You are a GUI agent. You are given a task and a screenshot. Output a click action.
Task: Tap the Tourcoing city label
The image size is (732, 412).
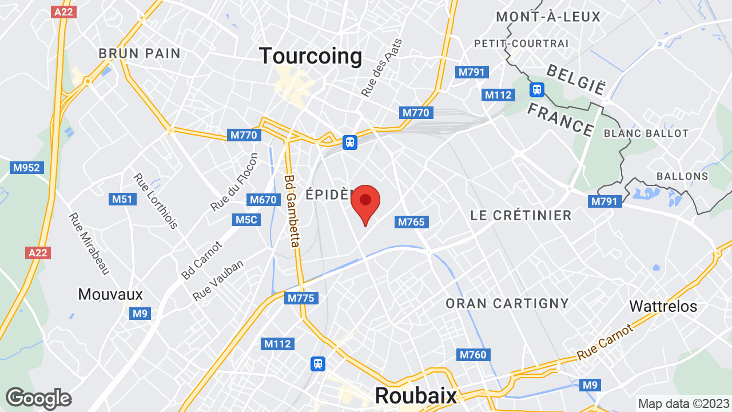311,56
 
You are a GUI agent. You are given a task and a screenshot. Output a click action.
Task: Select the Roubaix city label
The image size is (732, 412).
416,395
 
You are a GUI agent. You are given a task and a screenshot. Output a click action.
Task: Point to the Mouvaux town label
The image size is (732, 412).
110,294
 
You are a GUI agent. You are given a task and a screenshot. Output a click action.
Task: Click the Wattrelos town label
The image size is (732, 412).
663,306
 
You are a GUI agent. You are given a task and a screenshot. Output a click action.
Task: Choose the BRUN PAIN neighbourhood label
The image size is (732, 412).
140,54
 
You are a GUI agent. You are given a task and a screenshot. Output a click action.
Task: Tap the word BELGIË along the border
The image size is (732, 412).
576,80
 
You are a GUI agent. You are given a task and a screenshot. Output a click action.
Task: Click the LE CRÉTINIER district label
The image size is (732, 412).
520,215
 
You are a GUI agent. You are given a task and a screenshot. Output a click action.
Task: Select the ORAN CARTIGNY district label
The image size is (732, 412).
507,303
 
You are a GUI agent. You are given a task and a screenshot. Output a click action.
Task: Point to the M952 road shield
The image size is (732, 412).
27,168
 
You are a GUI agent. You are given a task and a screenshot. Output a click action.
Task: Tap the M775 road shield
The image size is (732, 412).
301,298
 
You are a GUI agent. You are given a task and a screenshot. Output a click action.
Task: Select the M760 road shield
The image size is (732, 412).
473,355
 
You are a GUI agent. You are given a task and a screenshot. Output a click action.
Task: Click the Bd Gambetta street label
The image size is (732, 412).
292,211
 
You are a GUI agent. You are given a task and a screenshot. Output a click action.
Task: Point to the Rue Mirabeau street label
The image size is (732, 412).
89,243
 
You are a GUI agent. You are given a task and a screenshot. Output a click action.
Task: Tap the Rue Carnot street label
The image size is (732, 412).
606,342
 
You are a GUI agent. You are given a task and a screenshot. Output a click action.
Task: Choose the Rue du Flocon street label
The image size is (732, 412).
234,181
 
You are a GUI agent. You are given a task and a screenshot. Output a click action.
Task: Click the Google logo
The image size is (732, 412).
38,398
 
